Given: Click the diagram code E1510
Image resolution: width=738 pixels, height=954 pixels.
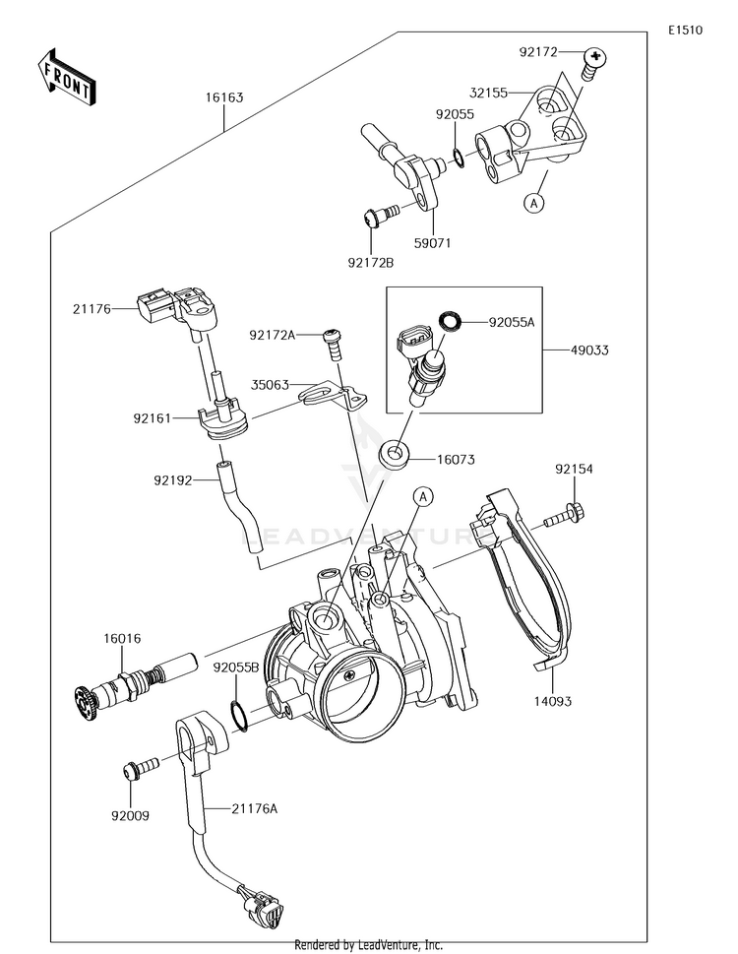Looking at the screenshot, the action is click(685, 30).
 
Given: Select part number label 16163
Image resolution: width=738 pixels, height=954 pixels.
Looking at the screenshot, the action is click(223, 97).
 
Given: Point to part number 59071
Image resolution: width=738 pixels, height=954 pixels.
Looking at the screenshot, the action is click(433, 243).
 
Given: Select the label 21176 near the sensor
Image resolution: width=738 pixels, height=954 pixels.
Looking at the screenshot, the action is click(92, 309).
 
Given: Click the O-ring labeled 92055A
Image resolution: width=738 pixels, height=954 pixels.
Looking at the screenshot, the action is click(451, 320).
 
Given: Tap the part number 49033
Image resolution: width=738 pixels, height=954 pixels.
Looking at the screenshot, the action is click(589, 350).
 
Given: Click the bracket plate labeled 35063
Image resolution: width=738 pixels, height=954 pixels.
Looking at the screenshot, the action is click(334, 395).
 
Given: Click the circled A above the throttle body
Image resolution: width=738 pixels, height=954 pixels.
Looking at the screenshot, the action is click(424, 497).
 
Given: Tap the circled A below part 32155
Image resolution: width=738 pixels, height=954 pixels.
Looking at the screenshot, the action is click(534, 203).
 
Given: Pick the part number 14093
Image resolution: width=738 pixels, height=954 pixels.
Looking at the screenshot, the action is click(553, 701).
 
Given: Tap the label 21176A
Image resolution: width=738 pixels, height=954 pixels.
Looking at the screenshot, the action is click(254, 808).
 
